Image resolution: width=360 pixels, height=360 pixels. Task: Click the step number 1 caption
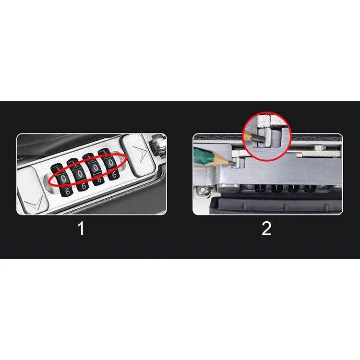[81, 228]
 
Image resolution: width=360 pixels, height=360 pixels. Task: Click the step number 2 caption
[266, 228]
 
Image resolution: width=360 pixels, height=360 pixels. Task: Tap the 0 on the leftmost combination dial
[63, 179]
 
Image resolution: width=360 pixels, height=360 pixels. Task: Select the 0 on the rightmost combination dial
[111, 163]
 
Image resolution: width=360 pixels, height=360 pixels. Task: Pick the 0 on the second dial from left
[80, 174]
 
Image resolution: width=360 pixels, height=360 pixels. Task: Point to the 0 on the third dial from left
[96, 168]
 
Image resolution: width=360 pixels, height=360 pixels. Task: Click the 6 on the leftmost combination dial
[68, 191]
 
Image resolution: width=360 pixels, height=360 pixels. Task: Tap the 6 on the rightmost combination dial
[114, 175]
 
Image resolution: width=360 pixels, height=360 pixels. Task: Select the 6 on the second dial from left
[84, 186]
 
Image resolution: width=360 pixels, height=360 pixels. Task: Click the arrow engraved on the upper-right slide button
[140, 154]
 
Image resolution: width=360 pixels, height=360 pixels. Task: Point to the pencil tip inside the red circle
[257, 138]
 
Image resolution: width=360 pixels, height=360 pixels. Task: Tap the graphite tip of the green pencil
[232, 163]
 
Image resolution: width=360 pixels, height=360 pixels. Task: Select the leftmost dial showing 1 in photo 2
[260, 188]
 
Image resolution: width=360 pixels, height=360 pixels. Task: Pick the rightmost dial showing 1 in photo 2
[310, 189]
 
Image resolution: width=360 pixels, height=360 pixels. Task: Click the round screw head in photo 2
[203, 190]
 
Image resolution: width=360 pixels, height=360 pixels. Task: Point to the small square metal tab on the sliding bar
[319, 148]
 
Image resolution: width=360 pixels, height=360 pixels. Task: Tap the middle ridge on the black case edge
[286, 207]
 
